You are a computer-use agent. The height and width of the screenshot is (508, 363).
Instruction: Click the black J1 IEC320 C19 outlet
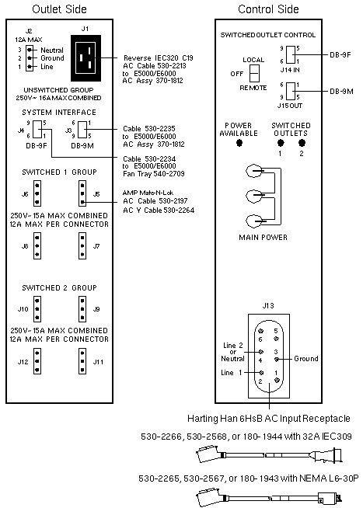click(x=86, y=58)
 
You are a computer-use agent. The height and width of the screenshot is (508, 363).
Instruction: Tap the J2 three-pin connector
click(x=30, y=58)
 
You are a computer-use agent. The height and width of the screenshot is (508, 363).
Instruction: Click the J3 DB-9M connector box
click(x=82, y=130)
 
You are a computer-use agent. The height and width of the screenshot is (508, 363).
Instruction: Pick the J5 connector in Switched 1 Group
click(x=82, y=193)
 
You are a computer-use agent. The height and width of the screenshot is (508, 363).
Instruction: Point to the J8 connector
click(x=37, y=246)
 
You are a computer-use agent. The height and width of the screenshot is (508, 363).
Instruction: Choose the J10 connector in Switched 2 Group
click(x=37, y=309)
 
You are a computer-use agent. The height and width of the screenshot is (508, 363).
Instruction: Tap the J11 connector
click(x=82, y=361)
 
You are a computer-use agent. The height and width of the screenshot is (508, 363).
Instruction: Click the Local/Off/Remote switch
click(x=254, y=73)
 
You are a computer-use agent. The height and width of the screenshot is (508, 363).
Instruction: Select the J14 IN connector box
click(x=291, y=54)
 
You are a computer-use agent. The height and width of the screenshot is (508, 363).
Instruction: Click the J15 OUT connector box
click(x=291, y=91)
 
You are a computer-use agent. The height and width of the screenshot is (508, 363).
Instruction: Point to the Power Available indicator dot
click(x=239, y=143)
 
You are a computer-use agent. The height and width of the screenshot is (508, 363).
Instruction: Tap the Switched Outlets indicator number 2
click(x=302, y=143)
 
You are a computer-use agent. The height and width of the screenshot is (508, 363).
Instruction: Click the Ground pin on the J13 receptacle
click(x=277, y=359)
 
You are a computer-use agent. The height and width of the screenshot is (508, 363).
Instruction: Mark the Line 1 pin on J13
click(x=261, y=373)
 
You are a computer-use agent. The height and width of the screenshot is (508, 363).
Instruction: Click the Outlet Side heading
click(x=59, y=9)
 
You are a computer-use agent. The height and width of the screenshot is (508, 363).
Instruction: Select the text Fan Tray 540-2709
click(x=154, y=174)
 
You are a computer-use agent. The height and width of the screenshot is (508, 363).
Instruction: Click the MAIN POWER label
click(x=263, y=238)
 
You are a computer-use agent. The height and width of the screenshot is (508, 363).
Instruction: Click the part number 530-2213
click(x=174, y=66)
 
